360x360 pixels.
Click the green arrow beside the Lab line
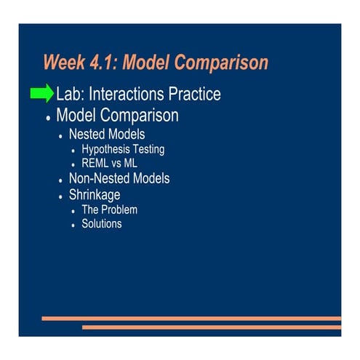[x=42, y=94]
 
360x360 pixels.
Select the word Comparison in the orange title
[x=224, y=63]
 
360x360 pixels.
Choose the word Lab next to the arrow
[x=70, y=95]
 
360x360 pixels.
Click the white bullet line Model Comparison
[x=117, y=116]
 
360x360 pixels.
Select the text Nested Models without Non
[x=107, y=135]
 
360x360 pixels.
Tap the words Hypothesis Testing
[x=123, y=150]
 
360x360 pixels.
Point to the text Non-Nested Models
[x=119, y=179]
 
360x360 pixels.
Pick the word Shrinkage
[x=95, y=195]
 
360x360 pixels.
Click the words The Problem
[x=109, y=210]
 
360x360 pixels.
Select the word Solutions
[x=102, y=224]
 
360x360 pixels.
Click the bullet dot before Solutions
[x=73, y=225]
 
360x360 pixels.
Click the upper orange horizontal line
[x=191, y=318]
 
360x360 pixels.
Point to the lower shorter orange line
[x=211, y=327]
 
